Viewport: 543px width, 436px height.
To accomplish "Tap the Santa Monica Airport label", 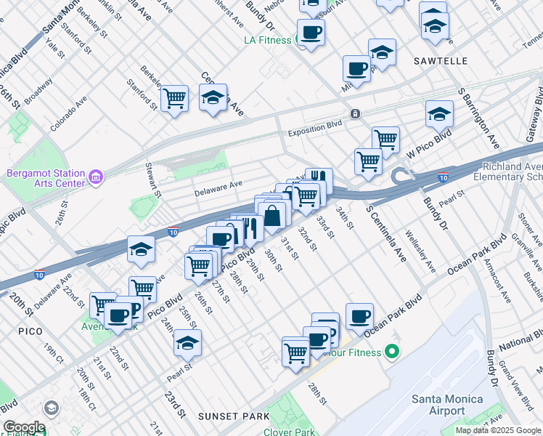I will [438, 405].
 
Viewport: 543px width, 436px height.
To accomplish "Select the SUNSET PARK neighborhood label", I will [233, 416].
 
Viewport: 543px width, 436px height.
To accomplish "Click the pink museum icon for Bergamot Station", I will [95, 177].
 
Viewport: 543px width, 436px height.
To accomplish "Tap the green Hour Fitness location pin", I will [393, 353].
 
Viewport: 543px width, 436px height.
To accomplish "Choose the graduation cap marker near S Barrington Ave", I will [439, 114].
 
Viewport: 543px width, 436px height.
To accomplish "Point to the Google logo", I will [24, 427].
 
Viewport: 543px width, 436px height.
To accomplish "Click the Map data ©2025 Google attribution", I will [498, 430].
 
